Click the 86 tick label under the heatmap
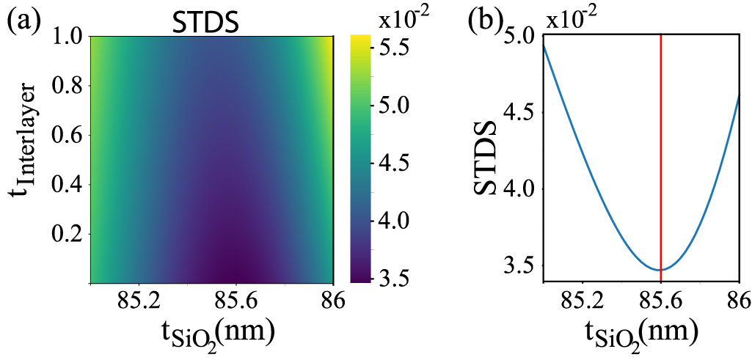coord(334,301)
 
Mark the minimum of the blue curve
coord(661,270)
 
